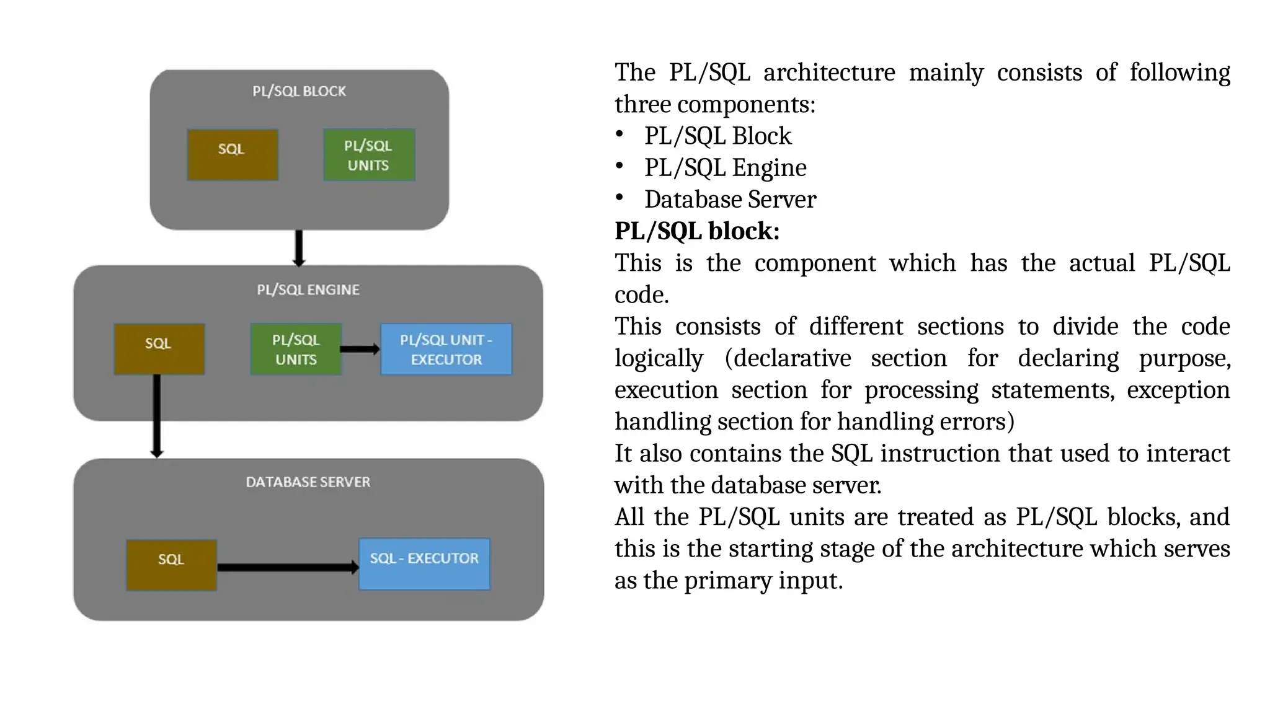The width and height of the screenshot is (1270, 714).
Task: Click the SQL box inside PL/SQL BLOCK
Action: (233, 155)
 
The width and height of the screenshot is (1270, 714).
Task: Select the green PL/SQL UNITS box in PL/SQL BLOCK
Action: (369, 155)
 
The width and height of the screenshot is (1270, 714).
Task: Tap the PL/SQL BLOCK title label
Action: (299, 91)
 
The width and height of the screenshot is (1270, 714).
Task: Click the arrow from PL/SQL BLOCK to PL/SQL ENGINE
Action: (299, 248)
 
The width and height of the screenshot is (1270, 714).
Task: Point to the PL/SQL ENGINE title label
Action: (308, 289)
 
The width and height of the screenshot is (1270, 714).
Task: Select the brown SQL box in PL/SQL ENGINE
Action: (159, 349)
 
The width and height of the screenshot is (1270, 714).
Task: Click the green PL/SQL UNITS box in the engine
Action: (296, 349)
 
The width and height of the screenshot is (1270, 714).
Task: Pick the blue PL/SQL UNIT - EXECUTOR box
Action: (446, 349)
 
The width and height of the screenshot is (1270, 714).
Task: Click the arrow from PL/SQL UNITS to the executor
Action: (360, 349)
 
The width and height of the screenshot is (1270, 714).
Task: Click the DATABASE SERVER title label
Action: (308, 482)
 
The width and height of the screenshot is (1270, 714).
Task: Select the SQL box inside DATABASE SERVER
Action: (172, 565)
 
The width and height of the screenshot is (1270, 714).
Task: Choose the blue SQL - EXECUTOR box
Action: (425, 564)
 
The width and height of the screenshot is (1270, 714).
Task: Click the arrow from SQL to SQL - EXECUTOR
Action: (287, 567)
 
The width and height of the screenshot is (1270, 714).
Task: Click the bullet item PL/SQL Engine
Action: (725, 168)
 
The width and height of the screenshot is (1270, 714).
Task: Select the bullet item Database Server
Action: (730, 200)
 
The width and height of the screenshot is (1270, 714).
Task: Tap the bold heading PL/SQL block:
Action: (697, 231)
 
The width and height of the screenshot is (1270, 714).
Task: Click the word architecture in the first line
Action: (829, 73)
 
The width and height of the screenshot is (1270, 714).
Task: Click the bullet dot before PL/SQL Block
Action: (619, 134)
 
